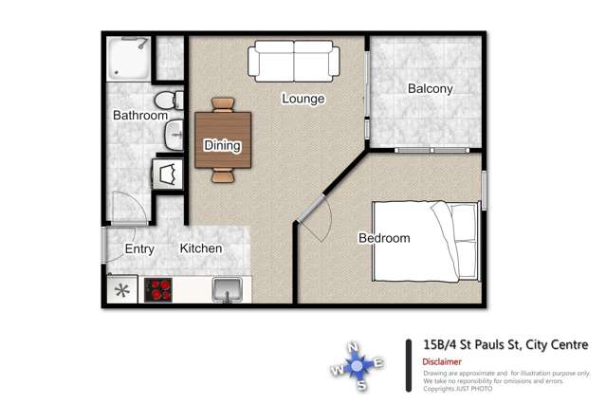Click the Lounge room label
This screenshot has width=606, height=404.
tap(303, 99)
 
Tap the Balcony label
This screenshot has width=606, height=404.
tap(430, 89)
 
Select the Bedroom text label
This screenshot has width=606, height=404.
tap(383, 238)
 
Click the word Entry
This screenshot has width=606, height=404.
tap(139, 248)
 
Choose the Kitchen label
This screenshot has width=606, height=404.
tap(201, 248)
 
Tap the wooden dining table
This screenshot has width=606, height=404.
tap(223, 140)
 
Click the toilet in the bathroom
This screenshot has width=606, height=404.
tap(167, 100)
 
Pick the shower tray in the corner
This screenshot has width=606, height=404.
tap(128, 59)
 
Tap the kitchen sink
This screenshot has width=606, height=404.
tap(227, 288)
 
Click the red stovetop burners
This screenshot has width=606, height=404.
tap(158, 289)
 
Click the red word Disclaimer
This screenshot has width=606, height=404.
tap(442, 361)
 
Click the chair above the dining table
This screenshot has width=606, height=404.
tap(223, 104)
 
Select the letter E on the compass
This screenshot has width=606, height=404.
tap(378, 362)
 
